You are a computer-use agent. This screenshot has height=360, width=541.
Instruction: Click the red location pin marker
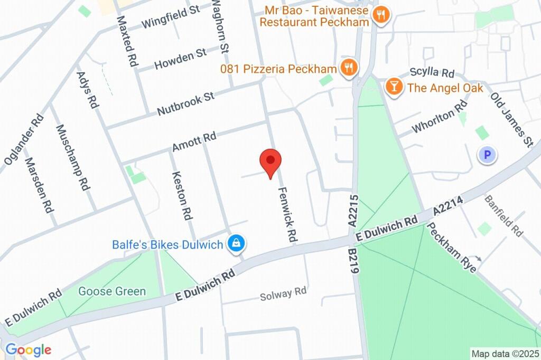coord(270,162)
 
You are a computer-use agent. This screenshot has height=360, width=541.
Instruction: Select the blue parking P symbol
coord(487,155)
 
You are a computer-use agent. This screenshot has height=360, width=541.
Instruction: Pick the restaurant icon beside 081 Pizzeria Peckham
coord(348,68)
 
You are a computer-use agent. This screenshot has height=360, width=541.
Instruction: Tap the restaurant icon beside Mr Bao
coord(380,15)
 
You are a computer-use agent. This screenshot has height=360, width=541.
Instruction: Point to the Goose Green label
coord(112,291)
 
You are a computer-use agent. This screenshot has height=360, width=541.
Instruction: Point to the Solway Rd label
coord(283,293)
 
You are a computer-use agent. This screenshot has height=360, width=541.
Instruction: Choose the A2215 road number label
coord(353,211)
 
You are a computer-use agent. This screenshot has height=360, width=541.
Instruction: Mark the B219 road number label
coord(353,260)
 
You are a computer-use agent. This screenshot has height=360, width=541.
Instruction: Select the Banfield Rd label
coord(503,216)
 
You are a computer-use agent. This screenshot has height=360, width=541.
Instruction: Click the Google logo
coord(28,349)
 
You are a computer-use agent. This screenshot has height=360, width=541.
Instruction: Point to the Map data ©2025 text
coord(505,354)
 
